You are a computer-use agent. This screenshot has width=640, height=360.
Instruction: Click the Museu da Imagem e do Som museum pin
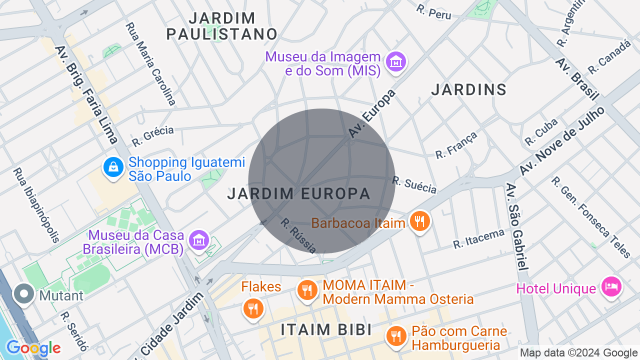point(397,62)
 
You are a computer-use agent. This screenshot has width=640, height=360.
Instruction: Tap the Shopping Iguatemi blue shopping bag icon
point(113,167)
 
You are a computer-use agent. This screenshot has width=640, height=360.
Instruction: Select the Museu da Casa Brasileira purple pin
point(199,240)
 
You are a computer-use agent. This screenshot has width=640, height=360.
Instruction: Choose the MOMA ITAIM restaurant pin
point(307,290)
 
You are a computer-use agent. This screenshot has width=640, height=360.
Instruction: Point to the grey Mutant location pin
point(24,294)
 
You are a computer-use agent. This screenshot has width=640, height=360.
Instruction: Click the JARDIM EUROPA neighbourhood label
point(298,194)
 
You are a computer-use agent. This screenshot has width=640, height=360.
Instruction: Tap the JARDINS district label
point(468,90)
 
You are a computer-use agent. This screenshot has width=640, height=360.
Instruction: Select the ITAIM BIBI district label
point(326,330)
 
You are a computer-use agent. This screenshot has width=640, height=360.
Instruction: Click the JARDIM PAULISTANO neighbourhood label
point(222,26)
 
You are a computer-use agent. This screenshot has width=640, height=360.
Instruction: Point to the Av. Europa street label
point(372,113)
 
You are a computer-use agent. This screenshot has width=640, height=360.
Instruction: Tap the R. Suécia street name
point(414,185)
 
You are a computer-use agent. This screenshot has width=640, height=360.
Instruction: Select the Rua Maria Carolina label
point(150,63)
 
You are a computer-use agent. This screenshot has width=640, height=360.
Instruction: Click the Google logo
point(33,348)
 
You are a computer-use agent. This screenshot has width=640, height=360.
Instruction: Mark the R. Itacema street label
point(478,238)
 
